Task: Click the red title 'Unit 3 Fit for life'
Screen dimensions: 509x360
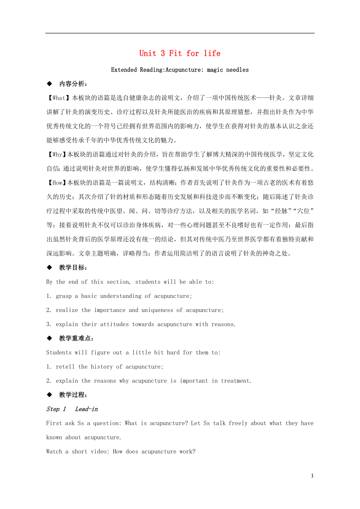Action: click(x=180, y=53)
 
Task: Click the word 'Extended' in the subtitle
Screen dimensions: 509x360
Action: click(x=124, y=70)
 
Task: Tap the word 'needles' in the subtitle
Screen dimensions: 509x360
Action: click(x=238, y=70)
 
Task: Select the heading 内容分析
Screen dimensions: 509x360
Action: click(x=73, y=84)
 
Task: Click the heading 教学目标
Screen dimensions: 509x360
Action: click(x=73, y=268)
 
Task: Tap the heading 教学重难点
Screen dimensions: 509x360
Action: click(x=76, y=339)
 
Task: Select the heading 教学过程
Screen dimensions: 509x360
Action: click(x=73, y=395)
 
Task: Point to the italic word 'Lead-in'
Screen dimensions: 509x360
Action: click(x=86, y=409)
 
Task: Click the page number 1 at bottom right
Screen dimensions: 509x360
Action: click(x=312, y=476)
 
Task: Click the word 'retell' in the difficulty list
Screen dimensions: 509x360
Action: click(x=65, y=367)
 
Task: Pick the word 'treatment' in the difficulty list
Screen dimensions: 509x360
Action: click(x=236, y=381)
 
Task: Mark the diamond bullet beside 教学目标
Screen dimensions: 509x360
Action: click(x=49, y=268)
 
